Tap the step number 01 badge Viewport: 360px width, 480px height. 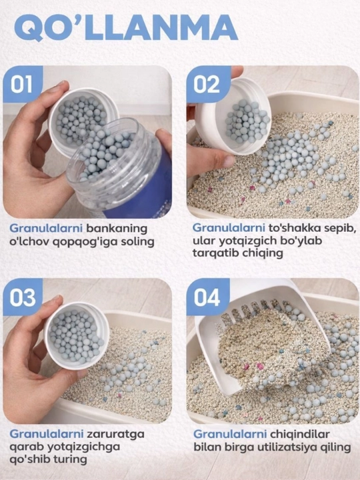coord(23,84)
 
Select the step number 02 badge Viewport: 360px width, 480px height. coord(207,84)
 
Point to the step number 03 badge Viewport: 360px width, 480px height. coord(23,297)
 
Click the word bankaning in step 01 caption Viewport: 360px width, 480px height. coord(117,229)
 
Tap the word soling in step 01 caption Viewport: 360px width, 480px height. coord(137,242)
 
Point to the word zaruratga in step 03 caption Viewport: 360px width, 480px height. coord(115,435)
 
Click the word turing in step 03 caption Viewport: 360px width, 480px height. coord(71,459)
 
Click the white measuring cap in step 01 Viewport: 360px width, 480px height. coord(83,120)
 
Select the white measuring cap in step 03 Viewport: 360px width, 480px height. coord(77,335)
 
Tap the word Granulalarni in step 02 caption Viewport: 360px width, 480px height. coord(229,229)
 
